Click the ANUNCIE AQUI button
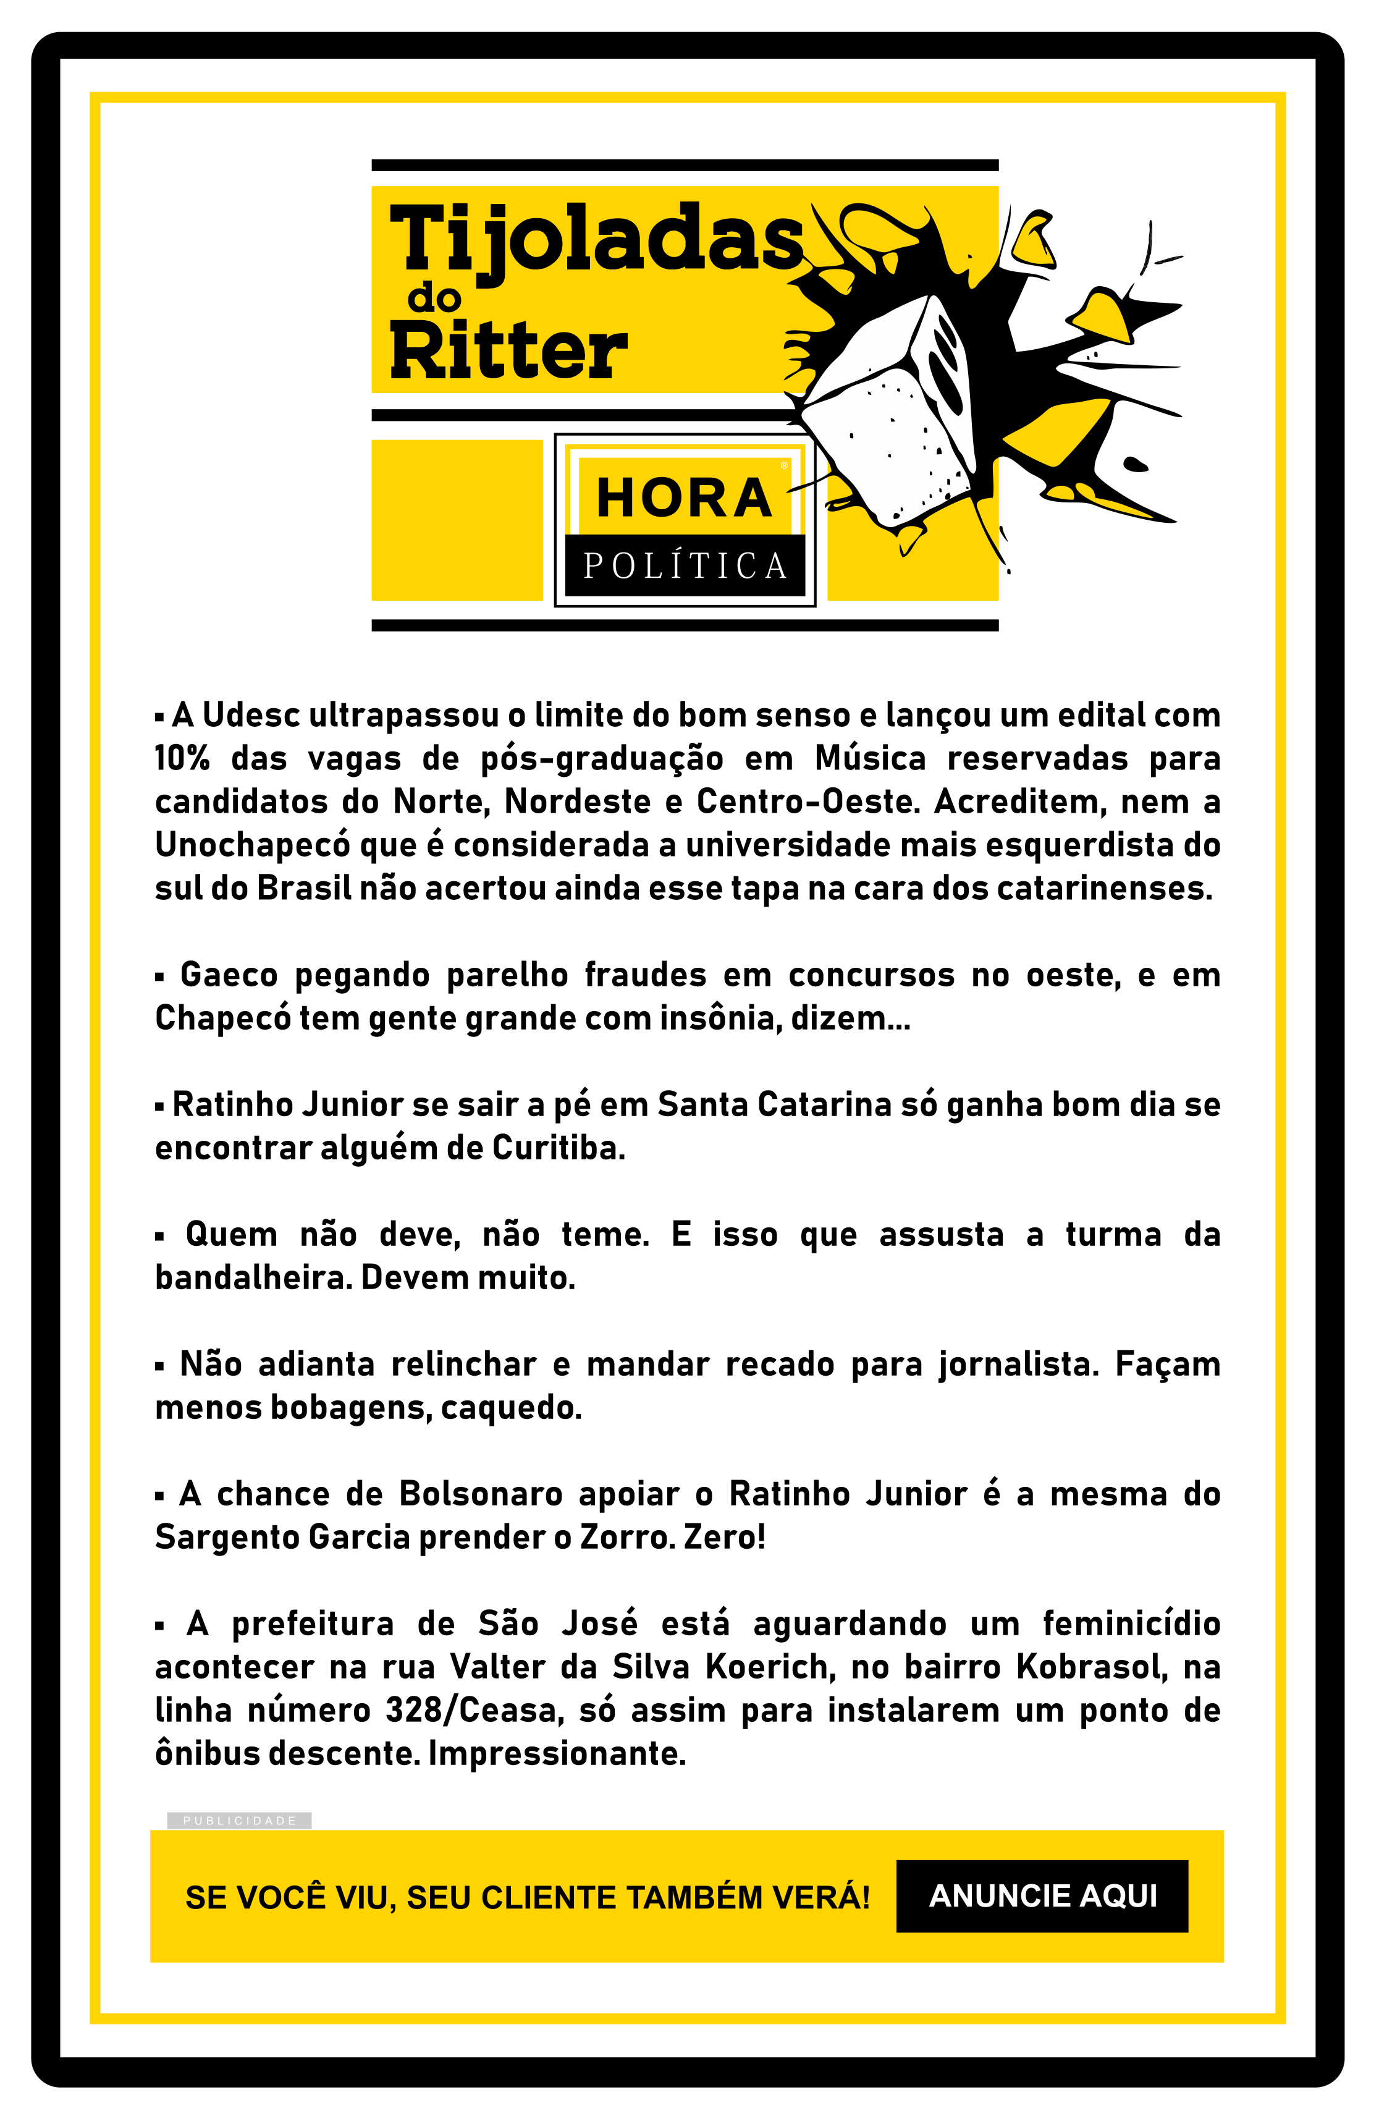pyautogui.click(x=1042, y=1895)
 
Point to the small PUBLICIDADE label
pyautogui.click(x=238, y=1821)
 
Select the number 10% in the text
pyautogui.click(x=182, y=758)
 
